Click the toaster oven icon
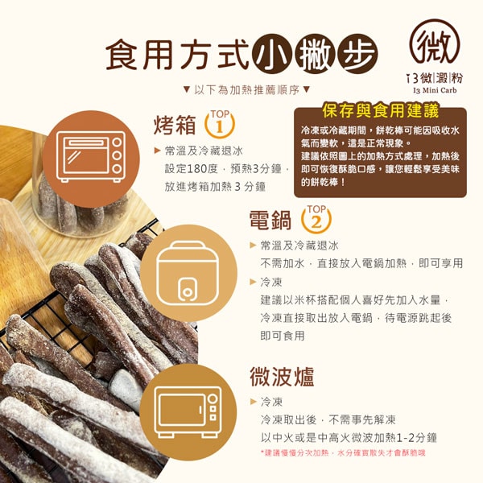point(91,157)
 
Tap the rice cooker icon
point(188,273)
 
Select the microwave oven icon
point(188,413)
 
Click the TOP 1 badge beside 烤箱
point(220,124)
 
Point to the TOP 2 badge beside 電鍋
point(316,219)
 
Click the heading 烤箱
point(175,125)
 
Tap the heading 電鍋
point(270,220)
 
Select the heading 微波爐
point(282,377)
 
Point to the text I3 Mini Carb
point(435,90)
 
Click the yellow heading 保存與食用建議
point(381,111)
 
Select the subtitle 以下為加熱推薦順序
point(246,90)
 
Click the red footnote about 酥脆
point(343,452)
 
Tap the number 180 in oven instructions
point(197,169)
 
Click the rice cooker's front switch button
point(187,291)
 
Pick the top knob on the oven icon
point(117,142)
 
